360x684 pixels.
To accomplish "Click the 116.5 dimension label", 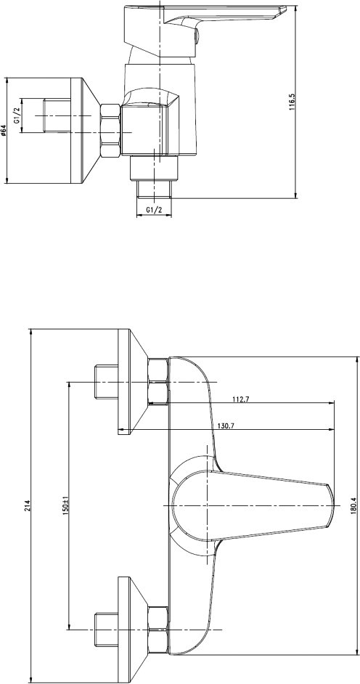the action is [292, 102].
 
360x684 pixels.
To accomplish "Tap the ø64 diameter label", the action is [4, 131].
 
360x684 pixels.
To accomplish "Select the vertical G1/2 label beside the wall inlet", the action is [17, 115].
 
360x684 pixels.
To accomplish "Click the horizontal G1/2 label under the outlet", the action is [154, 210].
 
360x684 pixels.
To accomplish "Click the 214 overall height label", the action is [27, 505].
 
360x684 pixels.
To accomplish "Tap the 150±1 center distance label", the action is [66, 504].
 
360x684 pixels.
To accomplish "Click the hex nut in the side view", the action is [110, 131].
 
